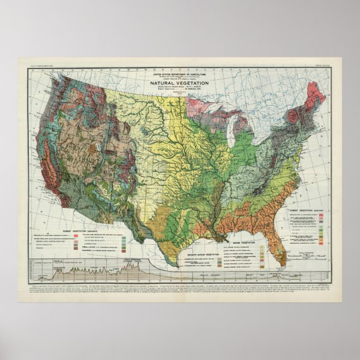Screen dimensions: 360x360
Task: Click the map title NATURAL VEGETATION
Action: pyautogui.click(x=179, y=84)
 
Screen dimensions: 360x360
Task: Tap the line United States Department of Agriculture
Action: pyautogui.click(x=179, y=74)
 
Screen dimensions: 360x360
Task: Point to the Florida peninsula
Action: pyautogui.click(x=303, y=235)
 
